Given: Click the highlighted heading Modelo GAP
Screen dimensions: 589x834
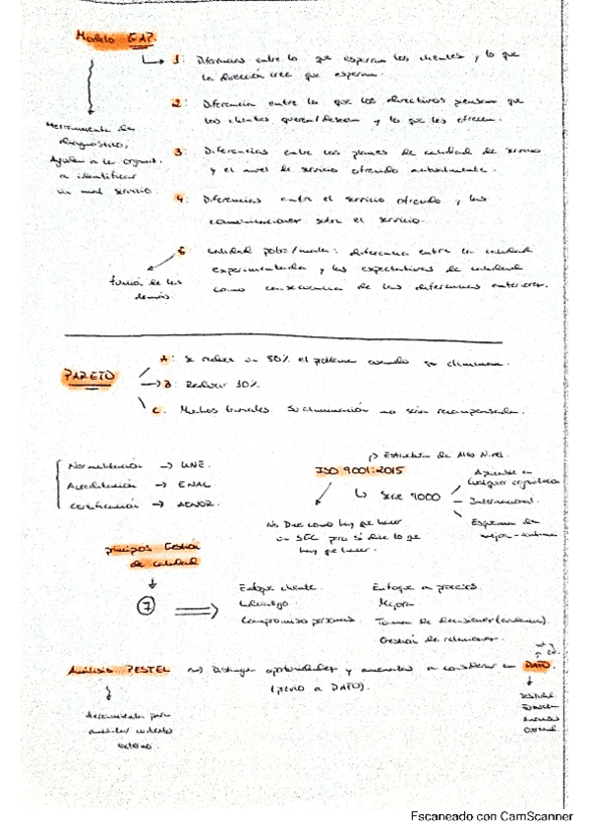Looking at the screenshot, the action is pos(109,36).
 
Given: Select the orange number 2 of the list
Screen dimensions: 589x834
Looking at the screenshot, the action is pos(175,102).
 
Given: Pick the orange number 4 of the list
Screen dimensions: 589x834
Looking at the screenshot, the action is pos(180,198).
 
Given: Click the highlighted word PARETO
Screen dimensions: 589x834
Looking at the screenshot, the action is pos(88,376).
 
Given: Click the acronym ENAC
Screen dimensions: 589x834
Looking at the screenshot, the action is pos(190,486).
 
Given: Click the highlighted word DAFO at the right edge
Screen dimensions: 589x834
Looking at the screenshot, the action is pos(537,666).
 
